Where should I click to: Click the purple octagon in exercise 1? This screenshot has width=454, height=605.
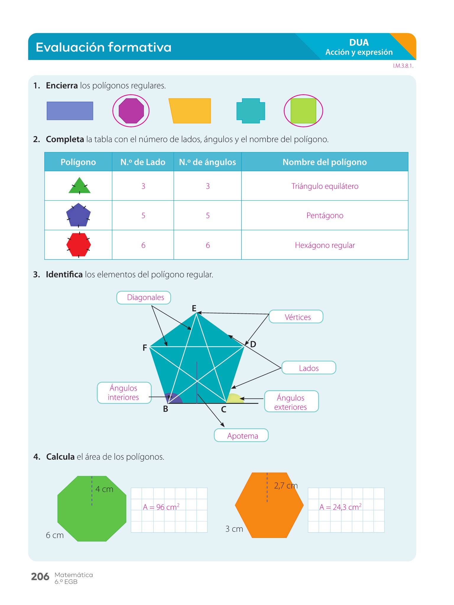(131, 111)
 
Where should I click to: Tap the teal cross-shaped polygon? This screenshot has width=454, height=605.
(251, 111)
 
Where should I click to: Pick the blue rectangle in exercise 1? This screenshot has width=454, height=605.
(70, 111)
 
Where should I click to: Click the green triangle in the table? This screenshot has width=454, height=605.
(79, 186)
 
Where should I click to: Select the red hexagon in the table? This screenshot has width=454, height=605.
(79, 245)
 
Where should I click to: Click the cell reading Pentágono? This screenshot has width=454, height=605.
(325, 215)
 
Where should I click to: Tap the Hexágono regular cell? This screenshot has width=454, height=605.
(325, 245)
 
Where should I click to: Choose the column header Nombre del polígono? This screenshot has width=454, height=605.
(325, 162)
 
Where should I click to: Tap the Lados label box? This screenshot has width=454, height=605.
(309, 368)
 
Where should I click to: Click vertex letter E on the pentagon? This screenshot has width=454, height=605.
(194, 308)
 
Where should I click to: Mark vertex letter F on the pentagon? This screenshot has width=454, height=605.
(145, 348)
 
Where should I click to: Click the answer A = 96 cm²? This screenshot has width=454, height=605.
(161, 507)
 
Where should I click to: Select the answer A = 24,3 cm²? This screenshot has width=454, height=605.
(340, 507)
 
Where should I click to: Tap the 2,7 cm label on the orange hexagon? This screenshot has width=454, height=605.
(286, 486)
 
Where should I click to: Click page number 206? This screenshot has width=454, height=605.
(40, 577)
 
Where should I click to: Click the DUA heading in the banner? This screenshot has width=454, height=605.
(359, 43)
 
